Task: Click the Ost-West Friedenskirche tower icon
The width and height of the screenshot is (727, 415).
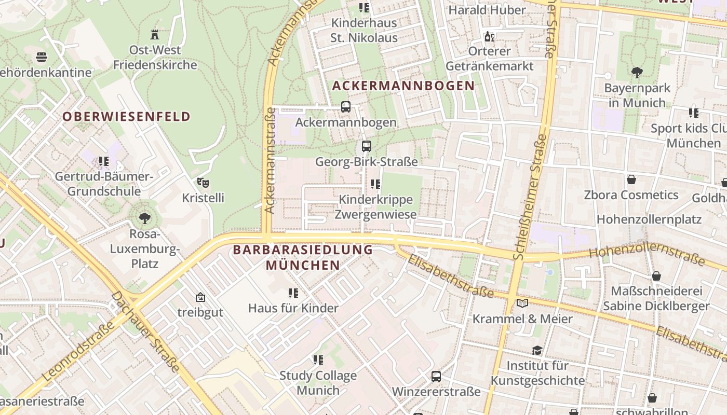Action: (x=154, y=35)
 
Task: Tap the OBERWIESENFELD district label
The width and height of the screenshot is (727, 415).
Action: (x=127, y=117)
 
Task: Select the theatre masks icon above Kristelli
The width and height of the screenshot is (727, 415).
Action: (x=203, y=183)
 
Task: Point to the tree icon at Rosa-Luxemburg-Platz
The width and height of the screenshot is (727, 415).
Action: (x=145, y=218)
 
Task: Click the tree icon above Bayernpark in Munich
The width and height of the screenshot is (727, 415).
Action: (x=637, y=73)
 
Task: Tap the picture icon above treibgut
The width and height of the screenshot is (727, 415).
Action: (x=200, y=297)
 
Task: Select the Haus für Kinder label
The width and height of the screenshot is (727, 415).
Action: (x=293, y=308)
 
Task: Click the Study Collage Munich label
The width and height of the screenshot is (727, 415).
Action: (x=318, y=383)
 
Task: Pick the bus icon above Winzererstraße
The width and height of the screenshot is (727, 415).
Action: (x=436, y=377)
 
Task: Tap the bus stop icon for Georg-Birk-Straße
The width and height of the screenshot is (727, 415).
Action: (x=367, y=146)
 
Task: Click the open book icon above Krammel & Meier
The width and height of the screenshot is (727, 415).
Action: (x=522, y=303)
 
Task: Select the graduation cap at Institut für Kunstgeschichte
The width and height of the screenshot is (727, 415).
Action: (x=537, y=351)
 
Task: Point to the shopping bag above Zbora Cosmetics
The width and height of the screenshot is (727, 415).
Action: (x=631, y=180)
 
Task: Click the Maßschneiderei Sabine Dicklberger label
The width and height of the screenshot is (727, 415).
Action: (x=656, y=298)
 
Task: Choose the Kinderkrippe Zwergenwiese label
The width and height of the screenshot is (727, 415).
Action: (x=375, y=207)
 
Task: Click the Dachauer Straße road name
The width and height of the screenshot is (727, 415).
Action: (x=146, y=332)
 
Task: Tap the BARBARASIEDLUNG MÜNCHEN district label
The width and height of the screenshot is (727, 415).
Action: (x=303, y=257)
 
